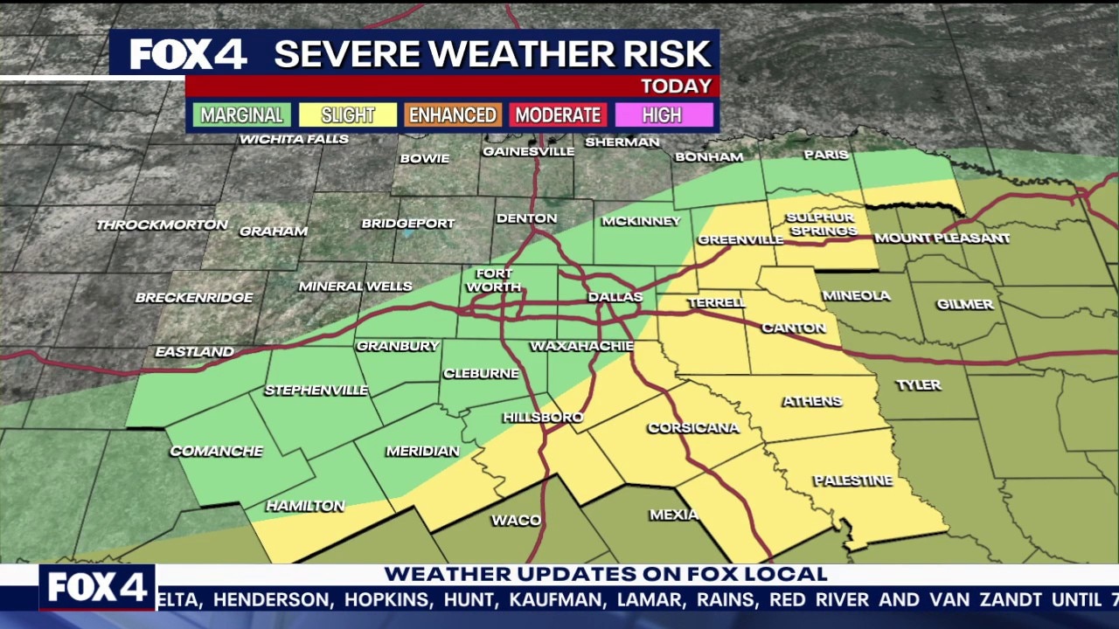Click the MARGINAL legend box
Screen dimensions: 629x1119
[241, 115]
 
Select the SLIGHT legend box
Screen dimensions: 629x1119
[347, 115]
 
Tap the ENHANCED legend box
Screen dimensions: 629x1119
[453, 115]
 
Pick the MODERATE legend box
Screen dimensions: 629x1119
[558, 115]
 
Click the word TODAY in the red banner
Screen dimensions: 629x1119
[676, 86]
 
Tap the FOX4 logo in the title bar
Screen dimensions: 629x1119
[188, 54]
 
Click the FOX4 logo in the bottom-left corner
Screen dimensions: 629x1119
[97, 588]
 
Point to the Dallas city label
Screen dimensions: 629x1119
[615, 297]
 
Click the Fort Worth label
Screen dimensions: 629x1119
[494, 280]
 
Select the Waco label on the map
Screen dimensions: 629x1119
[516, 521]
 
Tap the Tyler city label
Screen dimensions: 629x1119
[918, 385]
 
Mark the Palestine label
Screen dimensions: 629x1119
[852, 480]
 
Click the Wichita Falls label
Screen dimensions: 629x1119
[294, 139]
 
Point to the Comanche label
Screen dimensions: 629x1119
[216, 451]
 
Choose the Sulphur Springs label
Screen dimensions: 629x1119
[821, 224]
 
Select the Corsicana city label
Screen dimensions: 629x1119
[693, 428]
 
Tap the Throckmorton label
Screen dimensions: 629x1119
[162, 225]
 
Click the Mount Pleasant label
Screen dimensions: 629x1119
[942, 238]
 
